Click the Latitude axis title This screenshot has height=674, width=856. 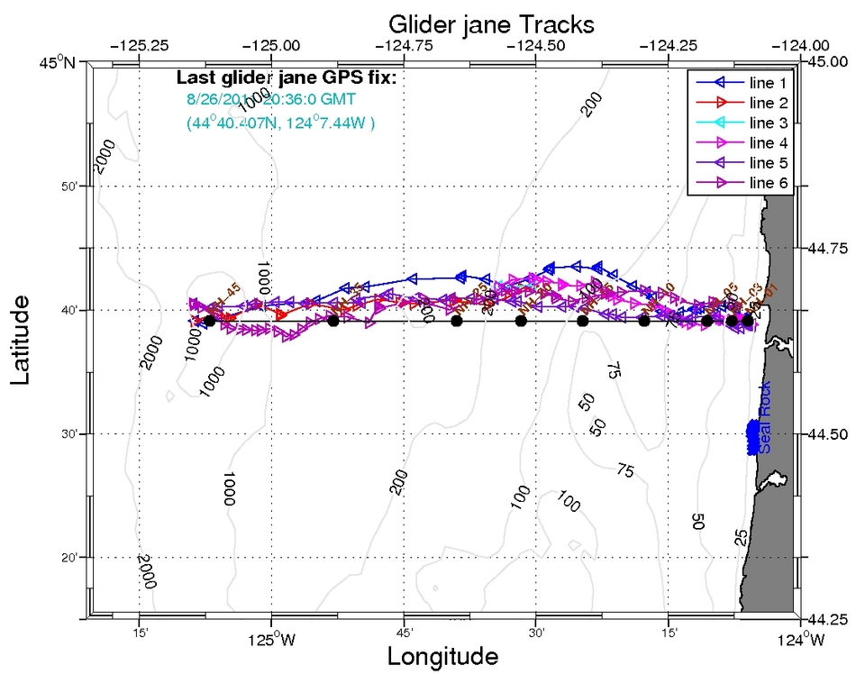tap(23, 337)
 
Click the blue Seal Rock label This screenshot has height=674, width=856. tap(765, 427)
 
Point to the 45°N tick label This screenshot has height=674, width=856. tap(59, 62)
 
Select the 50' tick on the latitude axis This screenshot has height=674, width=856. tap(73, 187)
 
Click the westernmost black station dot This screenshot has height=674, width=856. tap(209, 321)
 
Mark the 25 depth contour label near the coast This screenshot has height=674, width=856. tap(741, 538)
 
